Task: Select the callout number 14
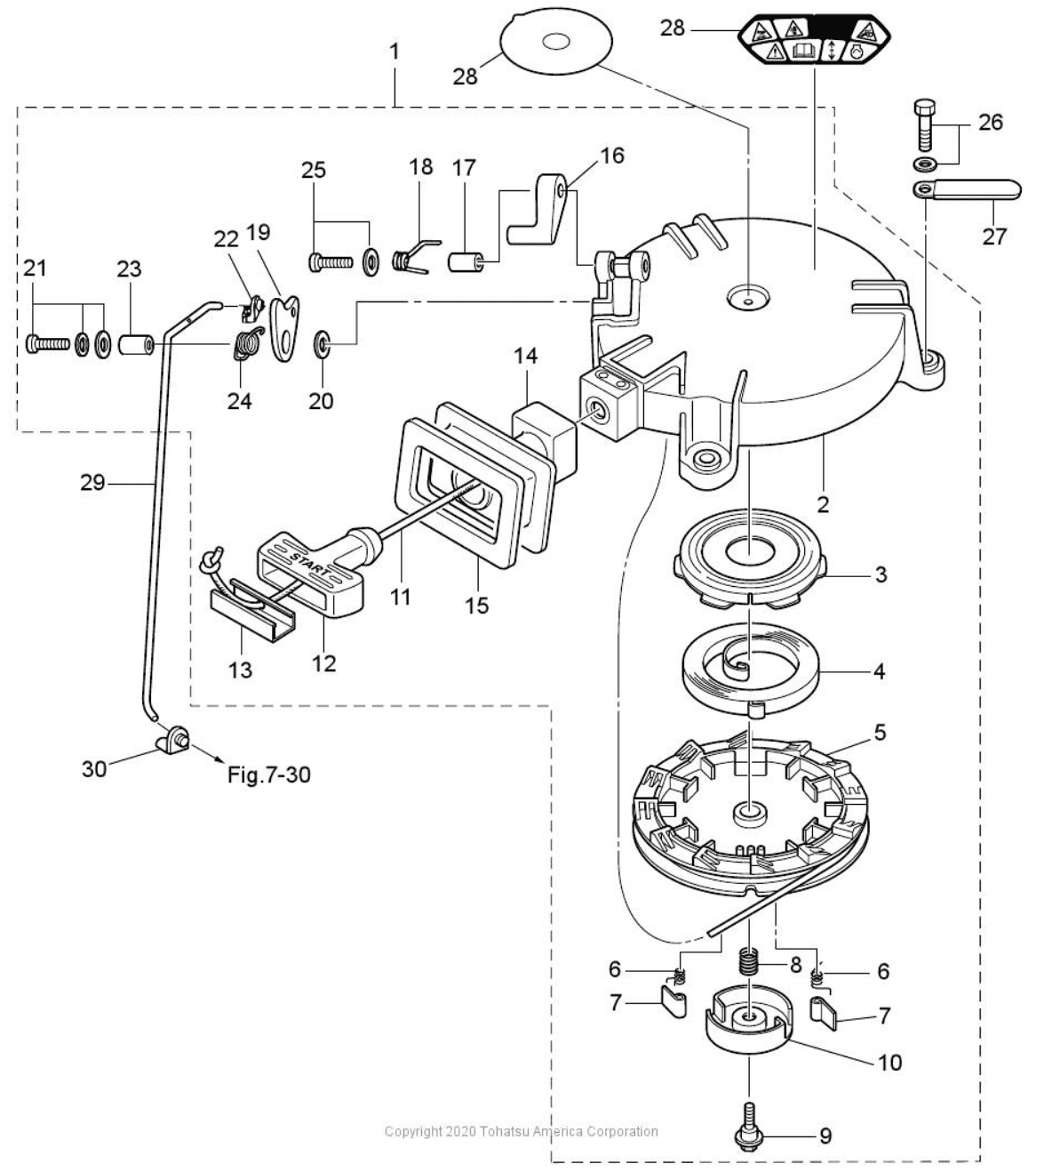[x=525, y=356]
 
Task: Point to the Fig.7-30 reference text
[x=269, y=775]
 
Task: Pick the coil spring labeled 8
[x=749, y=962]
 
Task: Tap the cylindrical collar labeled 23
[x=137, y=345]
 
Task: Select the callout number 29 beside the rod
[x=92, y=483]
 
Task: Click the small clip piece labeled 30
[x=172, y=741]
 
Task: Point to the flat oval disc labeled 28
[x=555, y=42]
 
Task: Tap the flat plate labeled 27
[x=967, y=189]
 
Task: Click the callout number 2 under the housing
[x=823, y=504]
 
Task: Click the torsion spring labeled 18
[x=415, y=256]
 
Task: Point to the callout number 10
[x=890, y=1062]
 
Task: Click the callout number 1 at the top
[x=394, y=52]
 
